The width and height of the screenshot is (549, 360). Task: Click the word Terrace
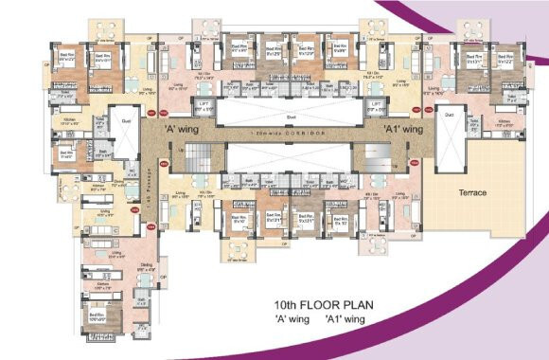[472, 193]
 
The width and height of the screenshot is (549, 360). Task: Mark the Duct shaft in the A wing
[125, 122]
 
